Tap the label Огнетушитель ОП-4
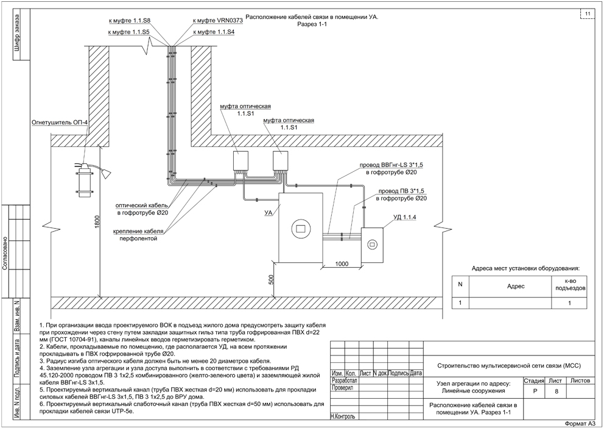pyautogui.click(x=60, y=123)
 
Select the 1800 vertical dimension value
pyautogui.click(x=97, y=221)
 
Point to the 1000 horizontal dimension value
pyautogui.click(x=342, y=264)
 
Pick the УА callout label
pyautogui.click(x=269, y=212)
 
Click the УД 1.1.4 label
pyautogui.click(x=404, y=218)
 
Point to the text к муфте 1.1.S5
pyautogui.click(x=128, y=32)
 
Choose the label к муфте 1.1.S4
pyautogui.click(x=213, y=32)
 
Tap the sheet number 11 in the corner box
pyautogui.click(x=588, y=14)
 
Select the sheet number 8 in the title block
pyautogui.click(x=556, y=392)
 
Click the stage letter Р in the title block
pyautogui.click(x=533, y=392)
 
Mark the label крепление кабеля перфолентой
pyautogui.click(x=138, y=235)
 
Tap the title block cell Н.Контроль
pyautogui.click(x=343, y=416)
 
